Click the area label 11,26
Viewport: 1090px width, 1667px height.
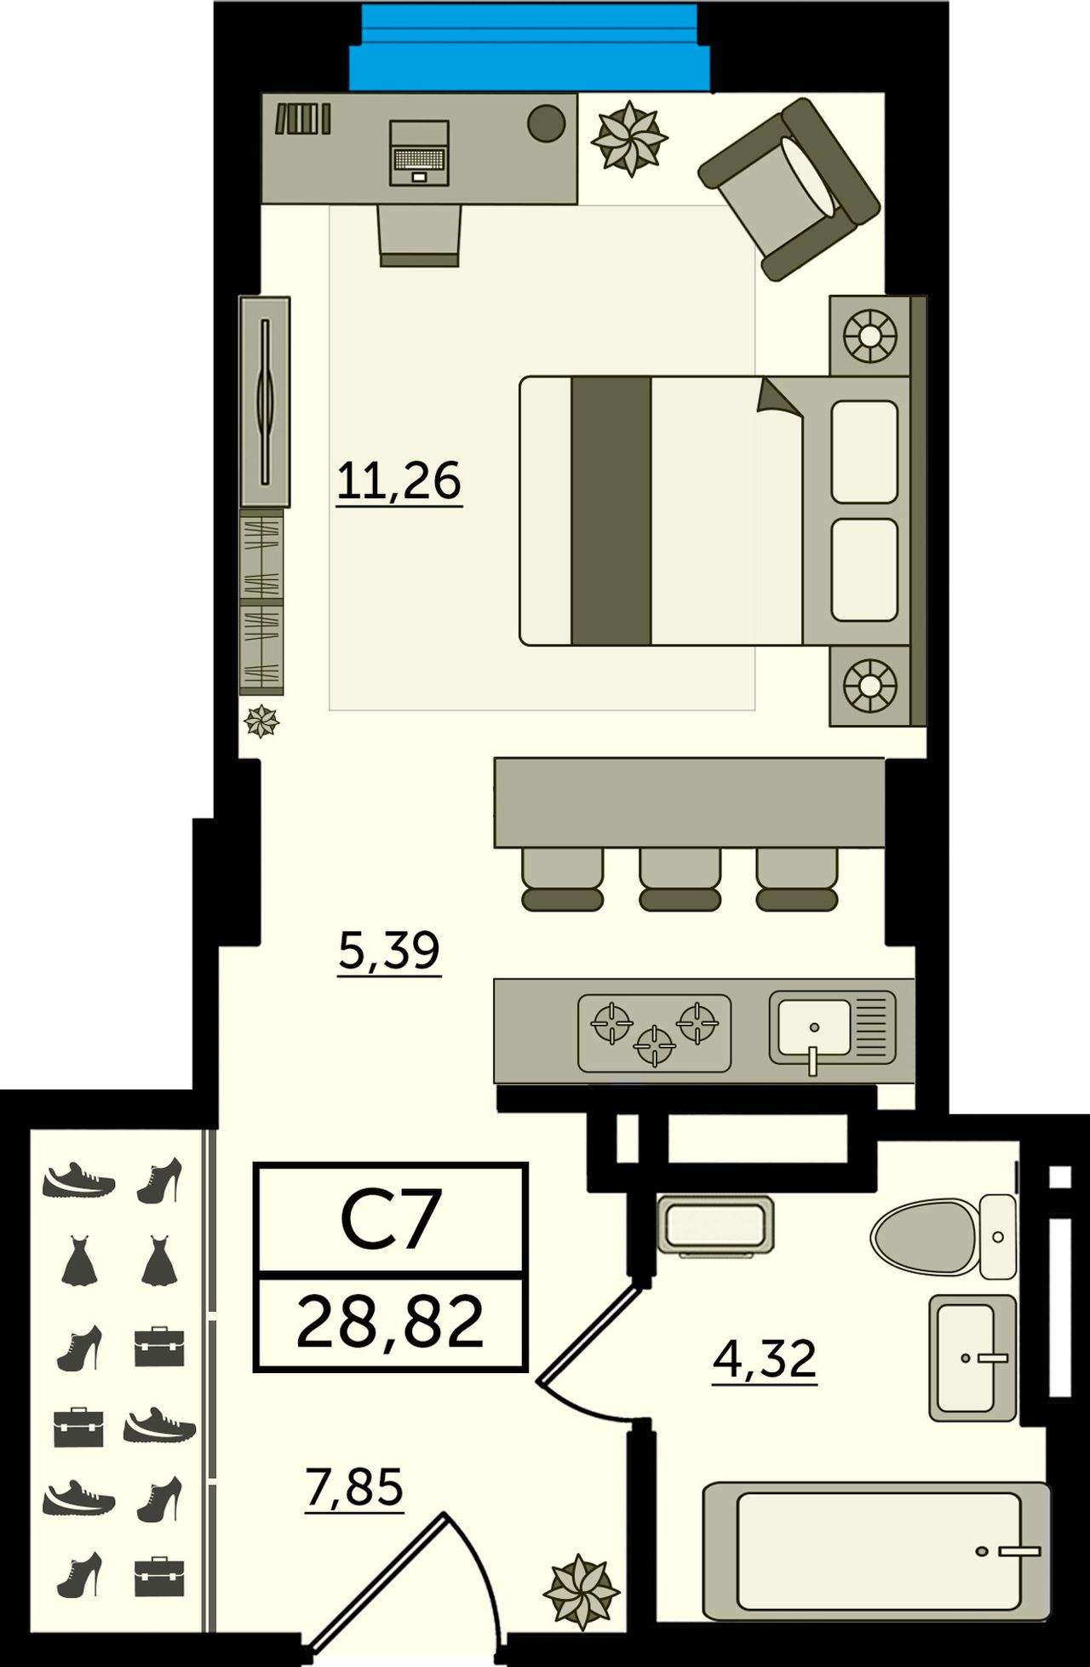pyautogui.click(x=399, y=481)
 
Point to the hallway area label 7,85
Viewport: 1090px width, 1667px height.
pyautogui.click(x=354, y=1488)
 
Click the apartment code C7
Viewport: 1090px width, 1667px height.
pyautogui.click(x=391, y=1219)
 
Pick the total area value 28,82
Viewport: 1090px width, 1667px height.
pyautogui.click(x=390, y=1321)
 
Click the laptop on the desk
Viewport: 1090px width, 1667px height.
pyautogui.click(x=419, y=152)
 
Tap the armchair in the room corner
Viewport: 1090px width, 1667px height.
pyautogui.click(x=789, y=188)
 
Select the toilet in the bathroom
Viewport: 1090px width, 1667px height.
pyautogui.click(x=944, y=1237)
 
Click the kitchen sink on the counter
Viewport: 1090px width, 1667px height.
pyautogui.click(x=832, y=1029)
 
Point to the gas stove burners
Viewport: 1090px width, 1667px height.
pyautogui.click(x=654, y=1032)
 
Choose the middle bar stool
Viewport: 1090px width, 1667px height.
pyautogui.click(x=680, y=880)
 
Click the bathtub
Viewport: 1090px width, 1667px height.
pyautogui.click(x=877, y=1550)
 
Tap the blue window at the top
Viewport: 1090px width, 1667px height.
pyautogui.click(x=529, y=47)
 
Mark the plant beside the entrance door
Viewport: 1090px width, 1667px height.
pyautogui.click(x=581, y=1591)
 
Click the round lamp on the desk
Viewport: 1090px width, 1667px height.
pyautogui.click(x=547, y=124)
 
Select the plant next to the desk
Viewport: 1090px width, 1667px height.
pyautogui.click(x=629, y=138)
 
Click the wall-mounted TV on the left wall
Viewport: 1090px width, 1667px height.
pyautogui.click(x=265, y=402)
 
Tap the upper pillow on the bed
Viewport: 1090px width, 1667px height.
pyautogui.click(x=864, y=451)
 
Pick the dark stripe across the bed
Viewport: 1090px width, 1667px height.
pyautogui.click(x=611, y=510)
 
